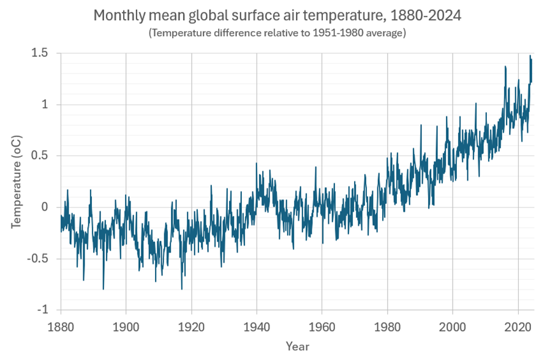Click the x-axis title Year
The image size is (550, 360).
pyautogui.click(x=297, y=346)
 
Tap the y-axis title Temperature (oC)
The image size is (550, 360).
pyautogui.click(x=17, y=182)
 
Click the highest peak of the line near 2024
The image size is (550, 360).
pyautogui.click(x=530, y=56)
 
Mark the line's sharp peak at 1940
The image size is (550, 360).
pyautogui.click(x=257, y=163)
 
